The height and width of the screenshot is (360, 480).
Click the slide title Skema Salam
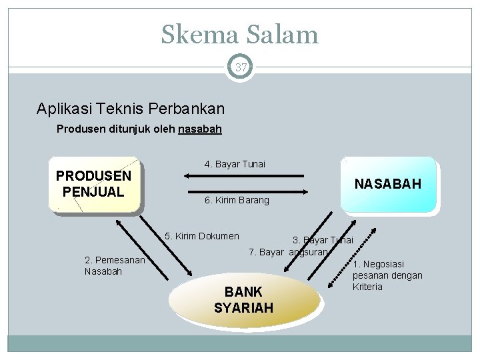pyautogui.click(x=239, y=33)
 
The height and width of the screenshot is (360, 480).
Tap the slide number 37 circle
pyautogui.click(x=240, y=67)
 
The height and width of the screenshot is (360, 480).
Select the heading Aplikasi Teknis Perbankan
pyautogui.click(x=131, y=108)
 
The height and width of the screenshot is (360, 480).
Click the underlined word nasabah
pyautogui.click(x=200, y=129)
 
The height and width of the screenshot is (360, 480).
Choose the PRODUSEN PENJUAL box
pyautogui.click(x=94, y=184)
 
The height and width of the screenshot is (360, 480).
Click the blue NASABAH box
pyautogui.click(x=387, y=184)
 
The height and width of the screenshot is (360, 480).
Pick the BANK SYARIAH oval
pyautogui.click(x=243, y=300)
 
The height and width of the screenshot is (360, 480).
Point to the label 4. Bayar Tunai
pyautogui.click(x=234, y=164)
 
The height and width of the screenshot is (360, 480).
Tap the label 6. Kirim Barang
pyautogui.click(x=237, y=200)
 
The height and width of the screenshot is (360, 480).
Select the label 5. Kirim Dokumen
pyautogui.click(x=201, y=236)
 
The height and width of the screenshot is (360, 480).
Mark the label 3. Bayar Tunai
pyautogui.click(x=323, y=240)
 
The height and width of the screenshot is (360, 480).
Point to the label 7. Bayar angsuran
pyautogui.click(x=288, y=252)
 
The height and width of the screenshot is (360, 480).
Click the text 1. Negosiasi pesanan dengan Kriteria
pyautogui.click(x=387, y=275)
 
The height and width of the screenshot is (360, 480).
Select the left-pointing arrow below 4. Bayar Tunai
pyautogui.click(x=246, y=177)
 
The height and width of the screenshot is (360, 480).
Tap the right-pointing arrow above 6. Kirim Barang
pyautogui.click(x=246, y=192)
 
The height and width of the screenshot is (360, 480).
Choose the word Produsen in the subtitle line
pyautogui.click(x=79, y=129)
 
